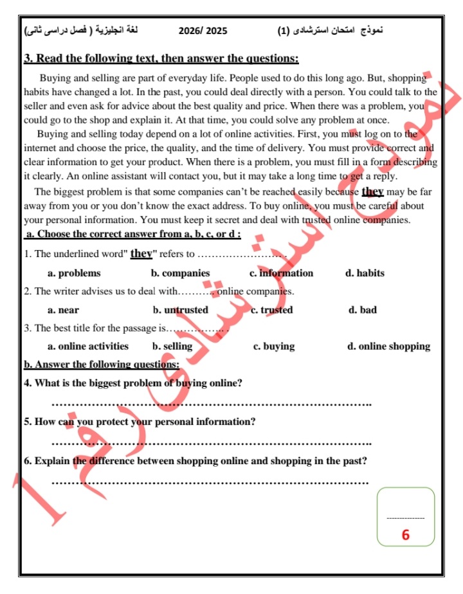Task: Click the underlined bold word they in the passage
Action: (x=373, y=192)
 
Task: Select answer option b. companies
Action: (x=180, y=273)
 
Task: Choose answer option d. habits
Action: (x=365, y=273)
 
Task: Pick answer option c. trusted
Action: (x=271, y=310)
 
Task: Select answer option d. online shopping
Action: (x=388, y=346)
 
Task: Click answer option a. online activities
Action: (x=88, y=346)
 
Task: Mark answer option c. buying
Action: (x=274, y=346)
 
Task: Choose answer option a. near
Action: (x=64, y=310)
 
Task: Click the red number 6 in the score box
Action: (x=405, y=535)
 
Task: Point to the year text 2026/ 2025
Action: (x=203, y=30)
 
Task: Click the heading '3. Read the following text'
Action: (x=161, y=59)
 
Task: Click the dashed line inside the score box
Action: (x=405, y=518)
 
